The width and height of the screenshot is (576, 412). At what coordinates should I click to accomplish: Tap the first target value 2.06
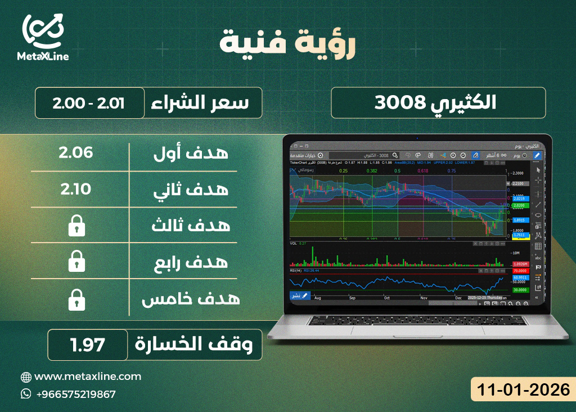pyautogui.click(x=75, y=153)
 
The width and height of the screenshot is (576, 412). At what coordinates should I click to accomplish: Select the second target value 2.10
pyautogui.click(x=75, y=189)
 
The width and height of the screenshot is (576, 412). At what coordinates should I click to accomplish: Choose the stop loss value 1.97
pyautogui.click(x=88, y=344)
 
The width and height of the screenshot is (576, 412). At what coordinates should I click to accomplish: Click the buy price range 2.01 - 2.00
pyautogui.click(x=89, y=103)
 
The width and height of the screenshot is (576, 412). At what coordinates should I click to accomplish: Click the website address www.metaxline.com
pyautogui.click(x=88, y=377)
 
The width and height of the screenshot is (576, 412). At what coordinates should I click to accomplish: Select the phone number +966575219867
pyautogui.click(x=75, y=394)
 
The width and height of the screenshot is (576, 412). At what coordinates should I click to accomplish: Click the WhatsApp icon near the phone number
pyautogui.click(x=25, y=394)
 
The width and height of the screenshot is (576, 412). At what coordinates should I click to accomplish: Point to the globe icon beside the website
pyautogui.click(x=25, y=377)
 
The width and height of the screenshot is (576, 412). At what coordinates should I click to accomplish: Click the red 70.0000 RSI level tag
pyautogui.click(x=520, y=271)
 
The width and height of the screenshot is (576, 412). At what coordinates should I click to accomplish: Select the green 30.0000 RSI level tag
pyautogui.click(x=520, y=289)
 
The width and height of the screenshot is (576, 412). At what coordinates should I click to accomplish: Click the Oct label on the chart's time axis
pyautogui.click(x=387, y=298)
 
